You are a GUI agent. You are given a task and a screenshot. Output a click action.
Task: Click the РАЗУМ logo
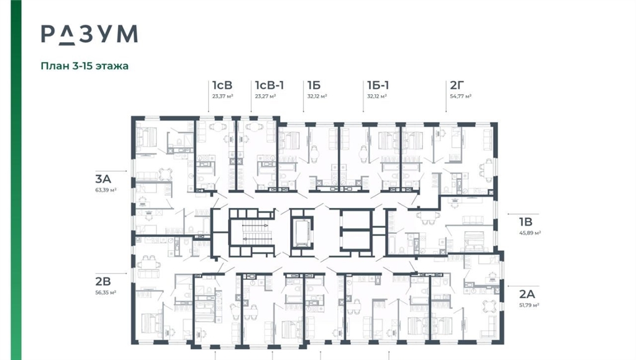pos(89,35)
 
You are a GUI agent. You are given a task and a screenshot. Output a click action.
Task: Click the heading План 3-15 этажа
pos(84,66)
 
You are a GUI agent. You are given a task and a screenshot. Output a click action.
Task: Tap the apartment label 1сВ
pos(222,85)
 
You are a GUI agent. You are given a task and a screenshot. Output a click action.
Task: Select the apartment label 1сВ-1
pos(270,85)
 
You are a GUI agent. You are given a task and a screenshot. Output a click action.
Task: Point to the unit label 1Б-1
pos(378,85)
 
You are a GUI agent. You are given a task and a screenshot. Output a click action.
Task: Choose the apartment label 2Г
pos(457,85)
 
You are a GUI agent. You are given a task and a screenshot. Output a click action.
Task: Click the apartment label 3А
pos(103,179)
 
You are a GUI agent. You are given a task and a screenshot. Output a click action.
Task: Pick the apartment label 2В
pos(103,281)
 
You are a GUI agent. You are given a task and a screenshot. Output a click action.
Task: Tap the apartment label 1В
pos(525,222)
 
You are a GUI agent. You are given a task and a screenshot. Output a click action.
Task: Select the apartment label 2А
pos(527,294)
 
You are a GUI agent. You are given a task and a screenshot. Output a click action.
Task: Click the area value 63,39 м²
pos(106,189)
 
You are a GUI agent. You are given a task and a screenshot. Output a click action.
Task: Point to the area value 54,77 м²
pos(460,96)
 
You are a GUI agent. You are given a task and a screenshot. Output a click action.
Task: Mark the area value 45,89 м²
pos(530,233)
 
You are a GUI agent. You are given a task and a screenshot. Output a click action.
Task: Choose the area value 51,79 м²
pos(529,305)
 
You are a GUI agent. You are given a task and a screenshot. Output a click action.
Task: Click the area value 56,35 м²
pos(106,292)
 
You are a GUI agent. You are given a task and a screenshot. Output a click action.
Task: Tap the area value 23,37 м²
pos(223,96)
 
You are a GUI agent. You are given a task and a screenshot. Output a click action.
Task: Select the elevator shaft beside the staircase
pos(302,233)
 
